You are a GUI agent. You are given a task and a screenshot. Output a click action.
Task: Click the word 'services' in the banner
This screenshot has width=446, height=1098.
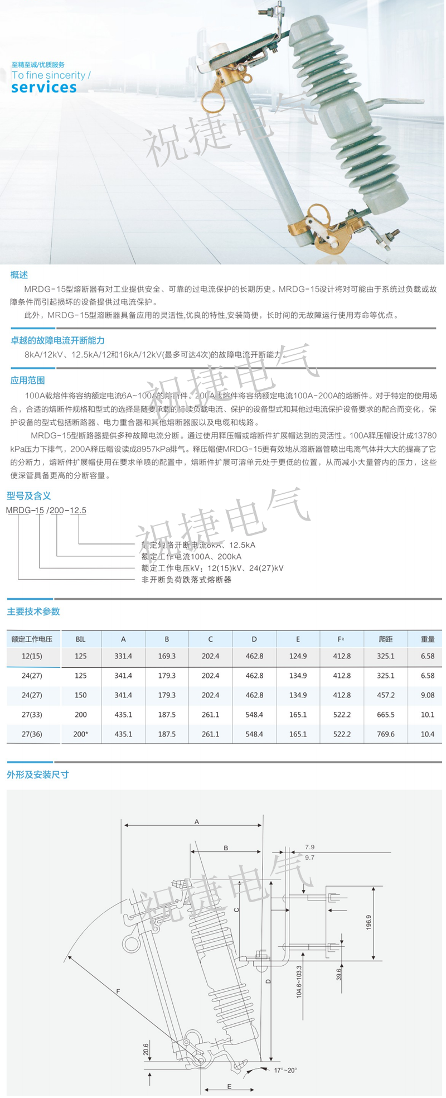44,88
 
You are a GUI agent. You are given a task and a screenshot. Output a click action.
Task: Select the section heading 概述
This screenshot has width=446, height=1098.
19,275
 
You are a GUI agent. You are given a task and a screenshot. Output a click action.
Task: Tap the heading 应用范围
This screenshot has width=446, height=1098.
27,381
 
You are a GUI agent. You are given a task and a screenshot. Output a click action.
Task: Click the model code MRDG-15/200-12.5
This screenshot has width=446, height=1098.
46,510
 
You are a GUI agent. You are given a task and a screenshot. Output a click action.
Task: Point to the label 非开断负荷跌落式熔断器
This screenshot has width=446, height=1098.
186,580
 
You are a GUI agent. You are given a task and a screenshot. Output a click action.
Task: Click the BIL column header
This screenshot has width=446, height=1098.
81,639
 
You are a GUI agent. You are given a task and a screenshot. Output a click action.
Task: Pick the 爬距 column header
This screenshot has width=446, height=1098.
385,639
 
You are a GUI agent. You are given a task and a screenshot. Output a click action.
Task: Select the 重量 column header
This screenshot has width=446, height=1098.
428,639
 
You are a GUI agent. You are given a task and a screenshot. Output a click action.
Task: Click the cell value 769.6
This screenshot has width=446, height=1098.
385,734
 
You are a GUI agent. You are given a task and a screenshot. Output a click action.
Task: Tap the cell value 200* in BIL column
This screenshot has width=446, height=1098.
81,734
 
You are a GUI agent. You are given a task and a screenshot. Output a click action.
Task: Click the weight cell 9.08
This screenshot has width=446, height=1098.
428,695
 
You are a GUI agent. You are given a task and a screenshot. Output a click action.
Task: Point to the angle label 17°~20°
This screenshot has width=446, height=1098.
285,1070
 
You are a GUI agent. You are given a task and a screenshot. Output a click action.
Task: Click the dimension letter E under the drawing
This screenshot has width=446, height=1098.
229,1086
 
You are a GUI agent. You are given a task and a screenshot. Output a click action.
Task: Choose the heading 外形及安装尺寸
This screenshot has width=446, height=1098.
37,775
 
